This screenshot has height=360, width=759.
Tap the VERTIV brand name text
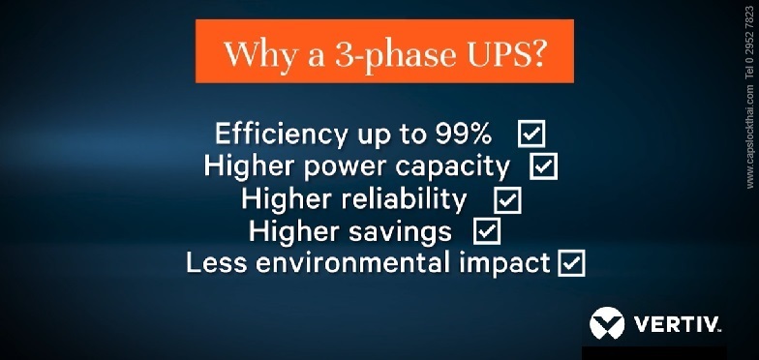point(679,324)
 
